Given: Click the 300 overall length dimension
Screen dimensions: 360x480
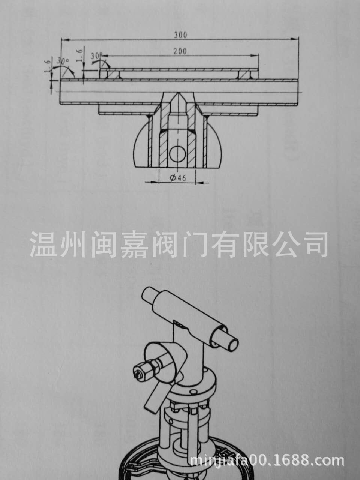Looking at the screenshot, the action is tap(180, 35).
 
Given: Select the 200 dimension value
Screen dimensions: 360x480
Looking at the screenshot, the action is tap(180, 51).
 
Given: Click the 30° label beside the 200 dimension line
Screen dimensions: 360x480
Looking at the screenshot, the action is tap(96, 55).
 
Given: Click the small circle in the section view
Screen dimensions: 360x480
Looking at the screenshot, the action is tap(177, 154).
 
